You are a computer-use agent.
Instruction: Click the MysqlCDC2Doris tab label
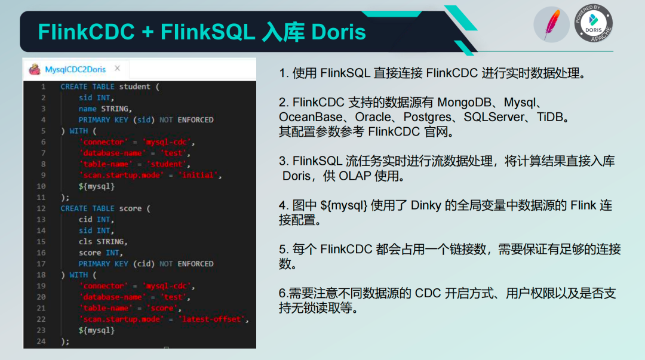tap(75, 69)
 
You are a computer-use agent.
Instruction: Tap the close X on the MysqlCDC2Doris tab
tap(117, 68)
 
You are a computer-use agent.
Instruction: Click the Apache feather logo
tap(552, 24)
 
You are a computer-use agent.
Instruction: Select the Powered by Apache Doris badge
tap(594, 23)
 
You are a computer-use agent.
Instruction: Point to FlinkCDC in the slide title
tap(87, 32)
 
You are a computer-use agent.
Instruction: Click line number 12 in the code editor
tap(41, 208)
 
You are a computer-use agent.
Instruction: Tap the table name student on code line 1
tap(134, 87)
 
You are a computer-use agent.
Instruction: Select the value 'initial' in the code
tap(198, 175)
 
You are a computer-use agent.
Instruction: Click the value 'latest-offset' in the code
tap(211, 319)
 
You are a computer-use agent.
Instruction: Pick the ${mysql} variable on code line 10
tap(97, 186)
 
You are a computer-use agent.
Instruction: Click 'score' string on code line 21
tap(162, 307)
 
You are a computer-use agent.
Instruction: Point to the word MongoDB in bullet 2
tap(465, 103)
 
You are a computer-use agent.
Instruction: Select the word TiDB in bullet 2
tap(549, 117)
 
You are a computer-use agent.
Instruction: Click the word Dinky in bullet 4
tap(426, 205)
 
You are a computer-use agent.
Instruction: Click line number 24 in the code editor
tap(41, 341)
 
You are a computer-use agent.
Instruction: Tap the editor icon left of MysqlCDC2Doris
tap(35, 69)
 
